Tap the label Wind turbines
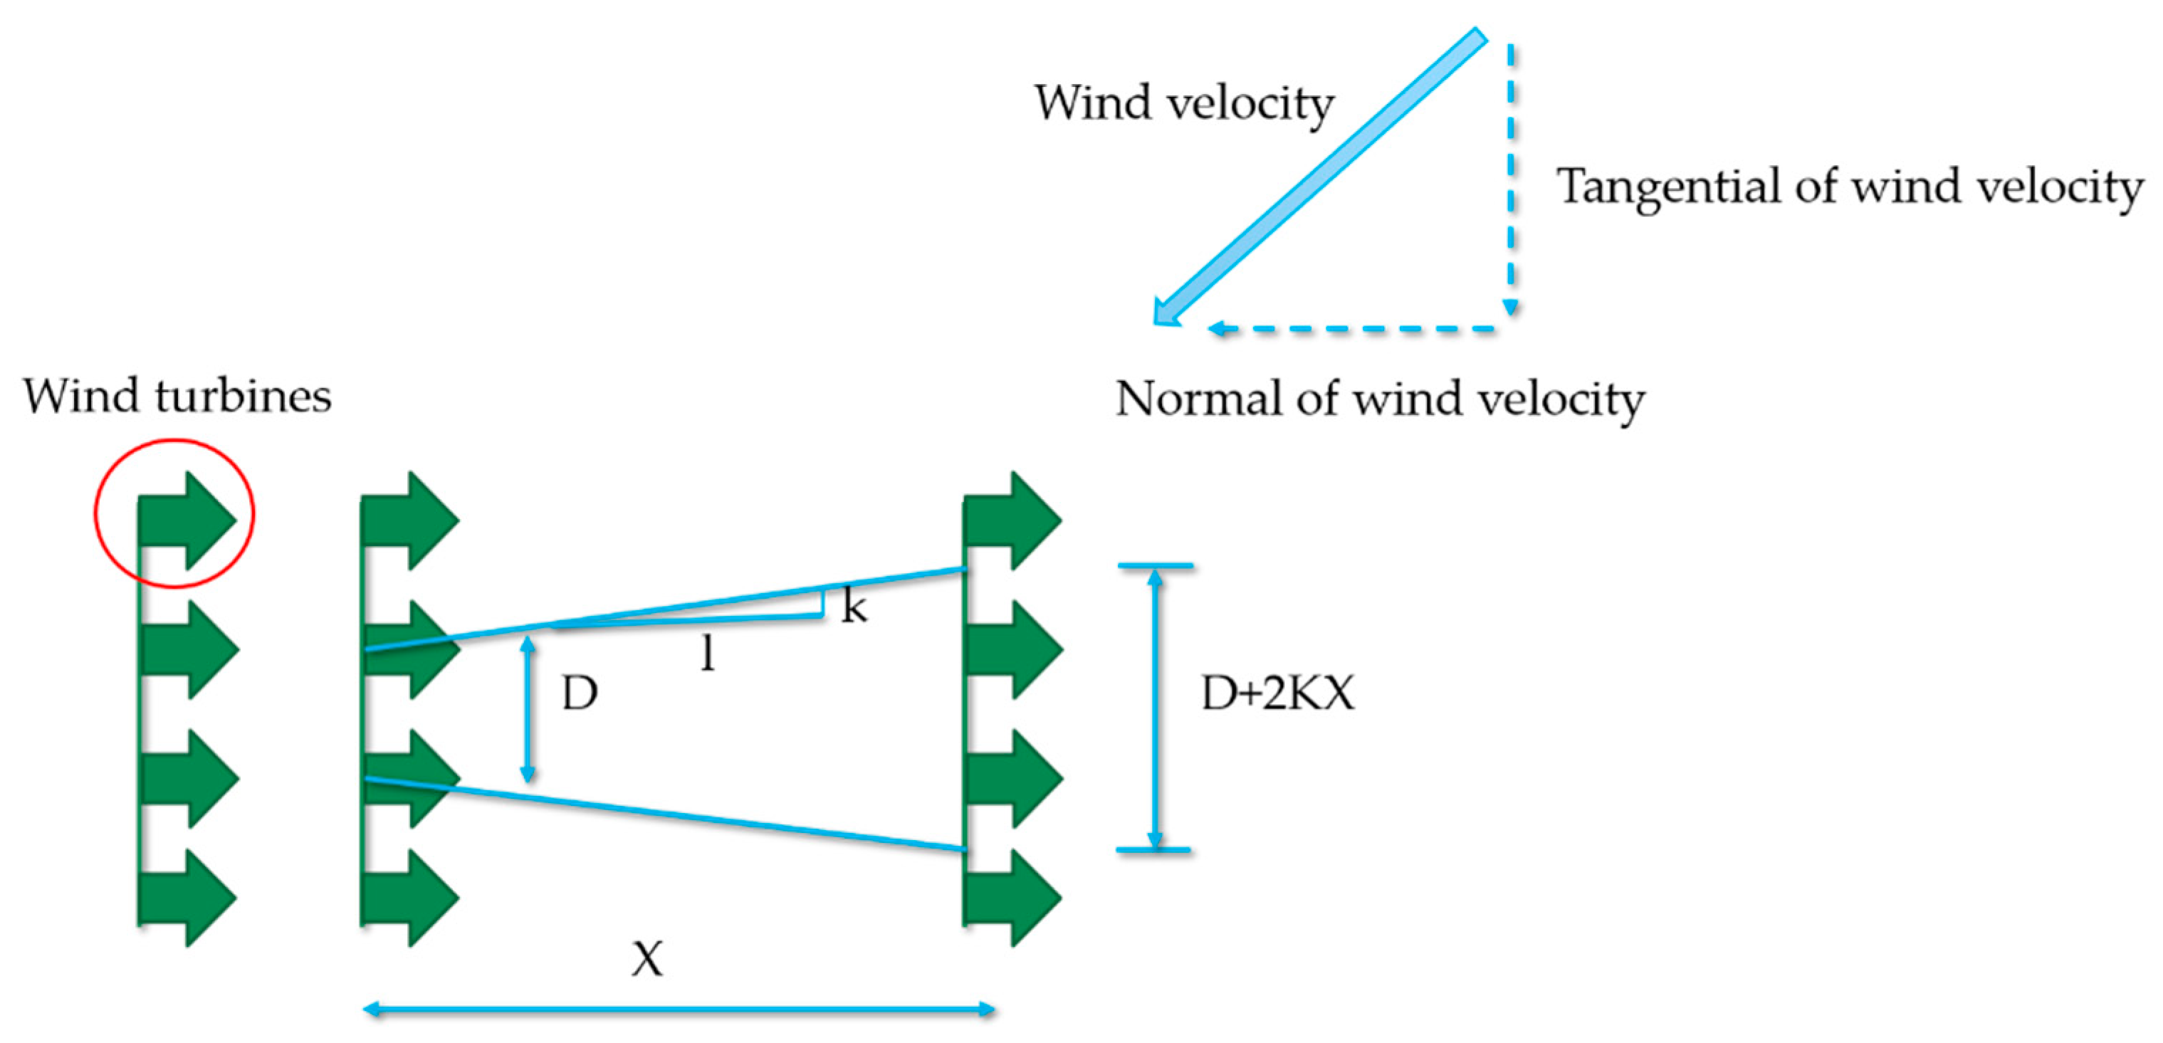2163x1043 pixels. coord(177,396)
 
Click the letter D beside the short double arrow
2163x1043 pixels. coord(580,693)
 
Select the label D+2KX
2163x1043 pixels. coord(1277,693)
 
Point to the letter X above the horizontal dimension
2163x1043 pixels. coord(647,958)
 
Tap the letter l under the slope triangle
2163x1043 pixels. coord(708,653)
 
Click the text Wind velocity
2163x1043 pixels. coord(1184,103)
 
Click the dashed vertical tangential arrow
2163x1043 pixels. coord(1511,177)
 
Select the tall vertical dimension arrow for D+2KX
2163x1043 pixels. coord(1155,708)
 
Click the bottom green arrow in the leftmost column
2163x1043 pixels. coord(187,897)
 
